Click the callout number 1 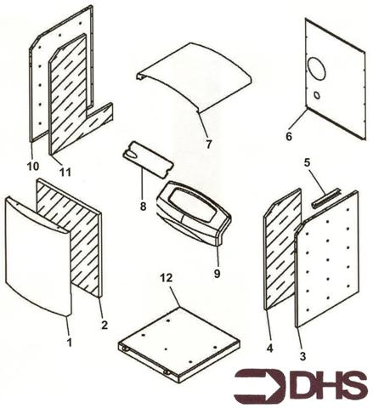click(x=69, y=341)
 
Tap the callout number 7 click(x=209, y=144)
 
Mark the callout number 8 click(x=144, y=207)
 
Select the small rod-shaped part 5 click(x=323, y=198)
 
